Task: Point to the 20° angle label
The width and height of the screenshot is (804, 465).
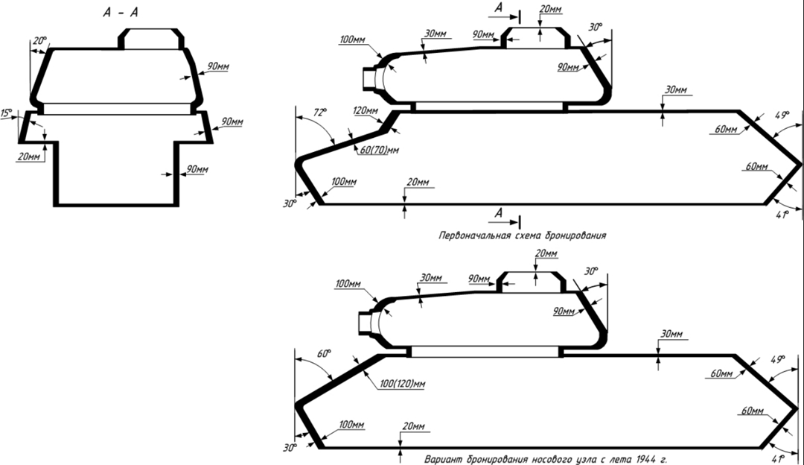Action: coord(39,42)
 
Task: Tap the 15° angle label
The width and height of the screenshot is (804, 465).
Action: coord(7,113)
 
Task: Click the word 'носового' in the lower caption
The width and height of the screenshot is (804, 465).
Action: coord(558,458)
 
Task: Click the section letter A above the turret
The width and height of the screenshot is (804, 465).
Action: coord(499,7)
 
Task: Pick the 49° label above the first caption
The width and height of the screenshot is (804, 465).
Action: coord(782,116)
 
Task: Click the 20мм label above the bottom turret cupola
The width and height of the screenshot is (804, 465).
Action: coord(546,254)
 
